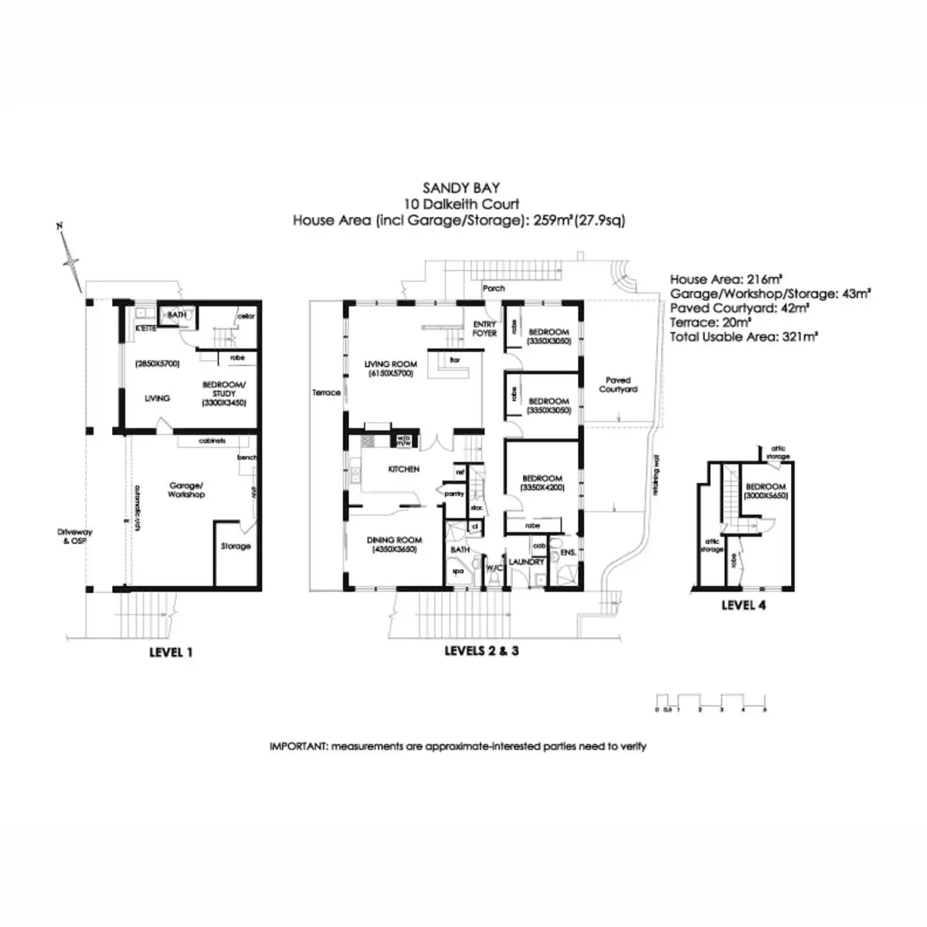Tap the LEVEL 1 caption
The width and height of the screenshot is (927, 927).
171,653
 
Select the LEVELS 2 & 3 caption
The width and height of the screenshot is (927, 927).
481,651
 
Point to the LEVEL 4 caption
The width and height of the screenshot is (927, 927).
743,605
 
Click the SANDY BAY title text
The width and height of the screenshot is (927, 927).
461,188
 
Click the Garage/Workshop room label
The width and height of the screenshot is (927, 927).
186,490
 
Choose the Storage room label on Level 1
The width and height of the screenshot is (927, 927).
236,546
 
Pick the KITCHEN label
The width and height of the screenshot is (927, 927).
403,469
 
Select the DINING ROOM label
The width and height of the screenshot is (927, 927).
393,540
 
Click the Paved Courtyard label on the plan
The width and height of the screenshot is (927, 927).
618,385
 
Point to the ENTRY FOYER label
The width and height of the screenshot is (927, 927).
484,328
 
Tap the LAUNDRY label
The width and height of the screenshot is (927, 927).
526,562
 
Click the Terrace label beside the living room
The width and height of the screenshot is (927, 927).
326,392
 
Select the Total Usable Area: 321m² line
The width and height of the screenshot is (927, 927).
744,336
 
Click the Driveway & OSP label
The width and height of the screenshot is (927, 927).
71,536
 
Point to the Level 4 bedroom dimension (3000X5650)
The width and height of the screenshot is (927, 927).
766,496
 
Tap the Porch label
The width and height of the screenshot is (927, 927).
493,288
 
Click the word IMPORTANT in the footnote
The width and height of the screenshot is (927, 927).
298,746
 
